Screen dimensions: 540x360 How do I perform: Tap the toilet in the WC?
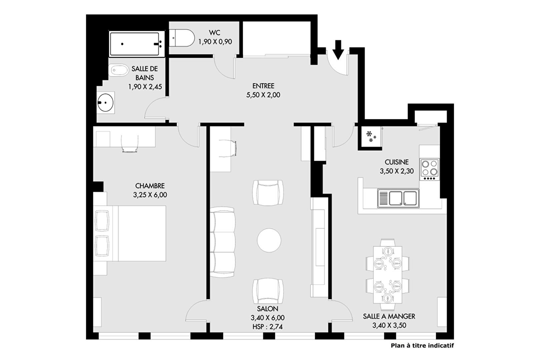182,38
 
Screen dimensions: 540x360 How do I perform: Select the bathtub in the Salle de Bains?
137,44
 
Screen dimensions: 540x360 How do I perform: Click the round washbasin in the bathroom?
106,102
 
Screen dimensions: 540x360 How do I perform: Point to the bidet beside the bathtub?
118,70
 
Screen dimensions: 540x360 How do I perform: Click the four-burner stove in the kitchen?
429,169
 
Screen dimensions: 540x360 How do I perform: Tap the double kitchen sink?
398,198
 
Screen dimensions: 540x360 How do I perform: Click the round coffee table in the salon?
269,240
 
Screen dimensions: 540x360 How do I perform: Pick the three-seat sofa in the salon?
222,242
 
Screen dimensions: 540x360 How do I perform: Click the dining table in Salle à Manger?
387,274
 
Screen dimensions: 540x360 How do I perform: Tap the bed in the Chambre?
130,233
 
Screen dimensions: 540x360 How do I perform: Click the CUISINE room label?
397,162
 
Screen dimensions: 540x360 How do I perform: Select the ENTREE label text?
263,86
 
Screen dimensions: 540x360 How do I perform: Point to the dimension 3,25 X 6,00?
150,195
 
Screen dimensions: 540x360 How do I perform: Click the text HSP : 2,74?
268,327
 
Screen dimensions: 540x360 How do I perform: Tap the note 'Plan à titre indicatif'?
422,346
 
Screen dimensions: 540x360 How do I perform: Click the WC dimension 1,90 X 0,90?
215,42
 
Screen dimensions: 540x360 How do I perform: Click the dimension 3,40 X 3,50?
389,326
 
